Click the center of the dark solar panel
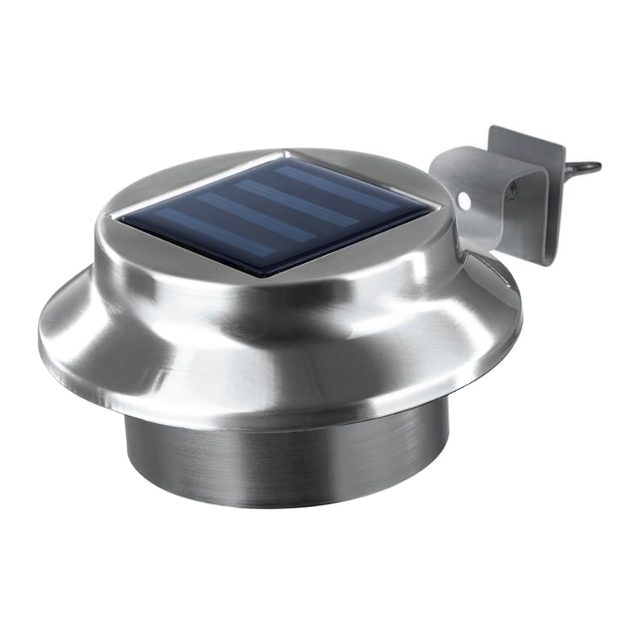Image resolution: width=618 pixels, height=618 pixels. [274, 213]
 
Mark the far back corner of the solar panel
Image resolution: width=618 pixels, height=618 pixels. [285, 156]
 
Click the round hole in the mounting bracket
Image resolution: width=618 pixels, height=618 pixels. [464, 197]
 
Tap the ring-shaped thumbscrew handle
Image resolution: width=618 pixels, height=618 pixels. [584, 168]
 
